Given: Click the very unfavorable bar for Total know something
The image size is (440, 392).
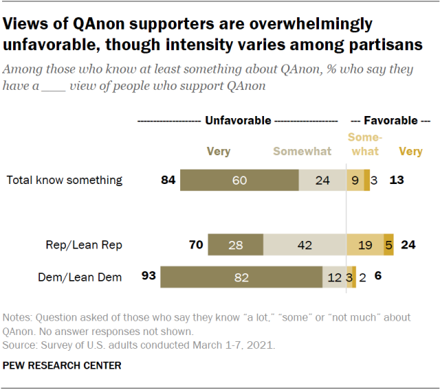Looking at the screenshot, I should pos(239,180).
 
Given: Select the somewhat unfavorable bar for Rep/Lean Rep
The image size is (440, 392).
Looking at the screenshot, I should pos(305,244).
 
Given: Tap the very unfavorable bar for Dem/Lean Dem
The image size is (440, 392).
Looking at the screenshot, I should pos(241,277).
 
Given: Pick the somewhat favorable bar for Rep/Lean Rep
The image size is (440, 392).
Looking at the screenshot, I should pos(364,244).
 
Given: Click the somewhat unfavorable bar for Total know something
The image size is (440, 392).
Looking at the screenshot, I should pos(322,180).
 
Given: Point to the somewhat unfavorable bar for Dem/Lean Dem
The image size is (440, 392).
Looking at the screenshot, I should pos(334,277).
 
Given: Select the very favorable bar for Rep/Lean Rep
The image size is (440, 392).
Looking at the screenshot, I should pos(388,244).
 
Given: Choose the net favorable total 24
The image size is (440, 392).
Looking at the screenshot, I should pos(409,244).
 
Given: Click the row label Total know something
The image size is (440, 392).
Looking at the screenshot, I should pos(65,181).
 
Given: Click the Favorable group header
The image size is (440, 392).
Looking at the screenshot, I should pos(390,120).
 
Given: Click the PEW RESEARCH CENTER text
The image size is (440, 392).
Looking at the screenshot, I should pos(62,366).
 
